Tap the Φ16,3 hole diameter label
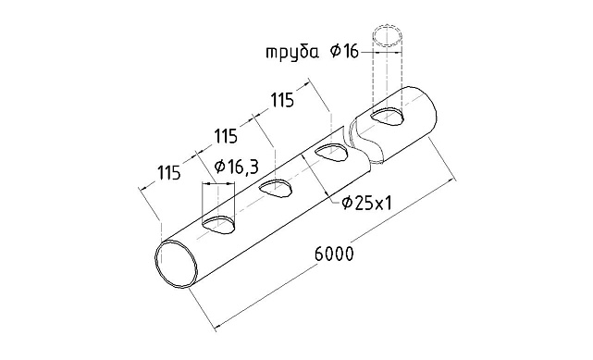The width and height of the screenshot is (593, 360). click(235, 166)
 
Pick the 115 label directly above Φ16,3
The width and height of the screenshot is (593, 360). click(227, 136)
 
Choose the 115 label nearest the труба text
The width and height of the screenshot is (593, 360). click(283, 99)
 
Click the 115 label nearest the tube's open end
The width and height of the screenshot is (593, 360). click(168, 172)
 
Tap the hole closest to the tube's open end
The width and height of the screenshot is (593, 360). click(220, 223)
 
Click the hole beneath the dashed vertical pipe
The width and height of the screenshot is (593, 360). click(388, 117)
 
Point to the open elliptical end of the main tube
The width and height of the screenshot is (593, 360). click(177, 264)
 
